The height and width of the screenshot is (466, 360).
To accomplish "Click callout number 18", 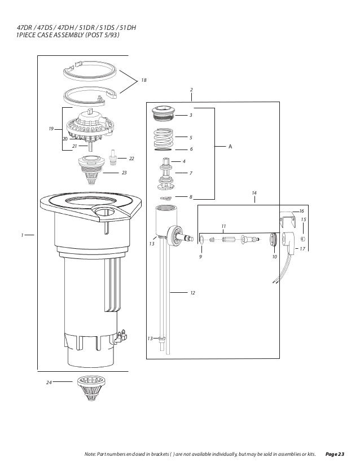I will click(x=143, y=81).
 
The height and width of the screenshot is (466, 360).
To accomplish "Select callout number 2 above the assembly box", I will click(x=191, y=90).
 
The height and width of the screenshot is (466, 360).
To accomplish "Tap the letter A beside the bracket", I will click(x=230, y=146).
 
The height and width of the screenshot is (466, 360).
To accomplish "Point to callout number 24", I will click(x=49, y=383).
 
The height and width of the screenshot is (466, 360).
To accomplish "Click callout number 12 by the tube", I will click(x=192, y=293).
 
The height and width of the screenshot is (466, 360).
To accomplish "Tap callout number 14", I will click(x=254, y=194).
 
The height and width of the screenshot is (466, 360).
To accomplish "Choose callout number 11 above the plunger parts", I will click(x=223, y=226).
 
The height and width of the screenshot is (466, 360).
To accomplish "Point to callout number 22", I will click(x=131, y=159).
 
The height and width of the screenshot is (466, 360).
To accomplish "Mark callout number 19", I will click(x=51, y=129).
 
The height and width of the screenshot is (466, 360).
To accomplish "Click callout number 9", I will click(x=200, y=256).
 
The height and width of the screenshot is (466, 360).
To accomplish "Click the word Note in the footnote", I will click(x=89, y=454).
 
